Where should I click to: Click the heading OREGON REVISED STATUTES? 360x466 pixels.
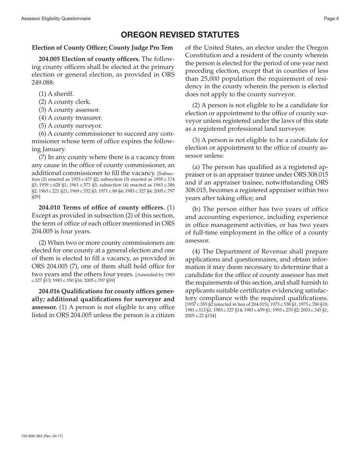point(180,35)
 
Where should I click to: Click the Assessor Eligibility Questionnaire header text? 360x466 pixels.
point(56,19)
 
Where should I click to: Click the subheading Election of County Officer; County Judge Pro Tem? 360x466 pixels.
point(102,48)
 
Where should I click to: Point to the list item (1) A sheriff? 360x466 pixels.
point(56,94)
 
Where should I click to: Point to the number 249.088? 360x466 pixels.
point(43,82)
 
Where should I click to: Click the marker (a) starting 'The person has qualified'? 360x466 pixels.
point(196,167)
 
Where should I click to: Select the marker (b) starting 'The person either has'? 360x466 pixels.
point(196,209)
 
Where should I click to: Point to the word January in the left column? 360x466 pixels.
point(54,149)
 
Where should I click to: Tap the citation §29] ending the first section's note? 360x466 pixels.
point(36,197)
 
